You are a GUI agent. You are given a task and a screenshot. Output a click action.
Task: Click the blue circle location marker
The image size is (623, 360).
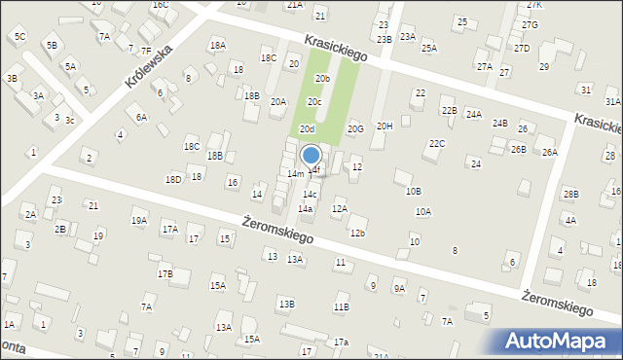pos(311,155)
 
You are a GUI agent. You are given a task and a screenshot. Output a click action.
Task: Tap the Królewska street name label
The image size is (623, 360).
pos(147,66)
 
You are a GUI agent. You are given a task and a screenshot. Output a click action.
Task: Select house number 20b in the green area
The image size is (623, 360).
pos(322,79)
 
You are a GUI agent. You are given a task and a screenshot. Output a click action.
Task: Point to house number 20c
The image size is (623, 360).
pos(314,101)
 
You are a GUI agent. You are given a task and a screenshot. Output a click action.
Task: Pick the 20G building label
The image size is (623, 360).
pos(355,128)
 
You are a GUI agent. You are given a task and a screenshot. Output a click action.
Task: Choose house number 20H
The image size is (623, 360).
pos(385,126)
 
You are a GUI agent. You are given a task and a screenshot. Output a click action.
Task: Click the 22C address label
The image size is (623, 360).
pos(437,144)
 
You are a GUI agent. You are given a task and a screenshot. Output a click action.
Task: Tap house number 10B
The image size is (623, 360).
pos(414,191)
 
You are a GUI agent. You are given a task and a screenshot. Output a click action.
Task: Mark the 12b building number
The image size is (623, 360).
pos(357,233)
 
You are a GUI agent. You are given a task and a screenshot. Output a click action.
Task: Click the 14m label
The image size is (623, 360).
pos(295,173)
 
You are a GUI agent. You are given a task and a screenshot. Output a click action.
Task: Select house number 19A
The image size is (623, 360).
pos(139,221)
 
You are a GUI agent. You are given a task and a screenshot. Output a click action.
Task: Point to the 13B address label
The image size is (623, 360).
pos(286,305)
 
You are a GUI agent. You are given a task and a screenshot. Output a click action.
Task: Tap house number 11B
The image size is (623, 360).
pos(341,307)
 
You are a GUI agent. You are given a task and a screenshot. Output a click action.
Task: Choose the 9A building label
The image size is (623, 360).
pos(399,289)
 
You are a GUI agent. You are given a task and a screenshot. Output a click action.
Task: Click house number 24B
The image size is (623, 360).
pos(500,124)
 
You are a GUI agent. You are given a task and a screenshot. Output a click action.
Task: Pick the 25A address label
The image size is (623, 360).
pos(429,48)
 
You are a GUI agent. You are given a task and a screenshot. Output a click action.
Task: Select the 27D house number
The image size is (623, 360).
pos(522,48)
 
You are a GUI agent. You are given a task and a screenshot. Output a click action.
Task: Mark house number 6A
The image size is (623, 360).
pos(141,117)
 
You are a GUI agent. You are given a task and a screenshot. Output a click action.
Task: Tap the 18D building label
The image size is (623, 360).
pos(173,179)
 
